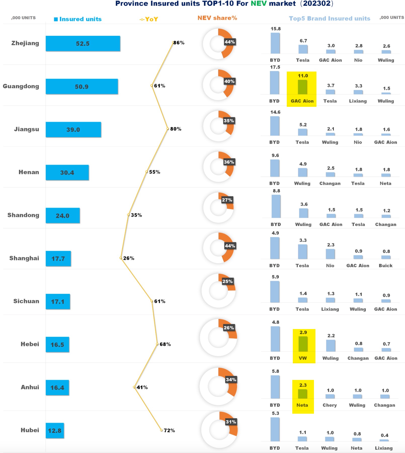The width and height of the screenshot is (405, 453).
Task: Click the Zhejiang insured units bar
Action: (x=83, y=44)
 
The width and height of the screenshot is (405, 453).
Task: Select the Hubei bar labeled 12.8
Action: (x=55, y=431)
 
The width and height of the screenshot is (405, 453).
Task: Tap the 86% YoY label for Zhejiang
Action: (x=179, y=43)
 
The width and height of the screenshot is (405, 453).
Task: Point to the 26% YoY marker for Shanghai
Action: (x=121, y=258)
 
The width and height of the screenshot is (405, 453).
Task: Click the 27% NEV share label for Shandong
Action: (x=227, y=200)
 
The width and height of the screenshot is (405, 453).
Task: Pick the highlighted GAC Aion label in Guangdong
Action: (x=302, y=101)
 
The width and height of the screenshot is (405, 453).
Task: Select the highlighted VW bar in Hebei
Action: (x=303, y=344)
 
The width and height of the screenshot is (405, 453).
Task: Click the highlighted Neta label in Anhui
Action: (x=302, y=405)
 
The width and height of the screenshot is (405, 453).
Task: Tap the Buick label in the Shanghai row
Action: (x=385, y=266)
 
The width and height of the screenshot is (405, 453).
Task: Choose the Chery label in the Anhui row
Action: (x=330, y=405)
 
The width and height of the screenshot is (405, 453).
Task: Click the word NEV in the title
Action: (x=258, y=4)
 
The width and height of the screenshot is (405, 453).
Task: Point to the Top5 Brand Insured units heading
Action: (x=329, y=18)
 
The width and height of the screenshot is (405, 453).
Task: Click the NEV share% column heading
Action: (x=217, y=18)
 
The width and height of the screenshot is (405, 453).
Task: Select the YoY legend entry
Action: (x=149, y=19)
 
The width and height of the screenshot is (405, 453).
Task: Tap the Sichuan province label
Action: (x=26, y=301)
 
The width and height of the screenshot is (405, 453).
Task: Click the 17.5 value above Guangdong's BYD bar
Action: (x=275, y=67)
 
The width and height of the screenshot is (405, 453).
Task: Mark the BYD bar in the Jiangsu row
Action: (x=275, y=126)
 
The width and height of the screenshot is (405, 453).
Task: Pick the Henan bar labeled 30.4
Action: (x=67, y=173)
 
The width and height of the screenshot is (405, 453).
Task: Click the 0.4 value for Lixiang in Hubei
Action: (x=384, y=435)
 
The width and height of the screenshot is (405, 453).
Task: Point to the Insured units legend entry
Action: (x=78, y=19)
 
